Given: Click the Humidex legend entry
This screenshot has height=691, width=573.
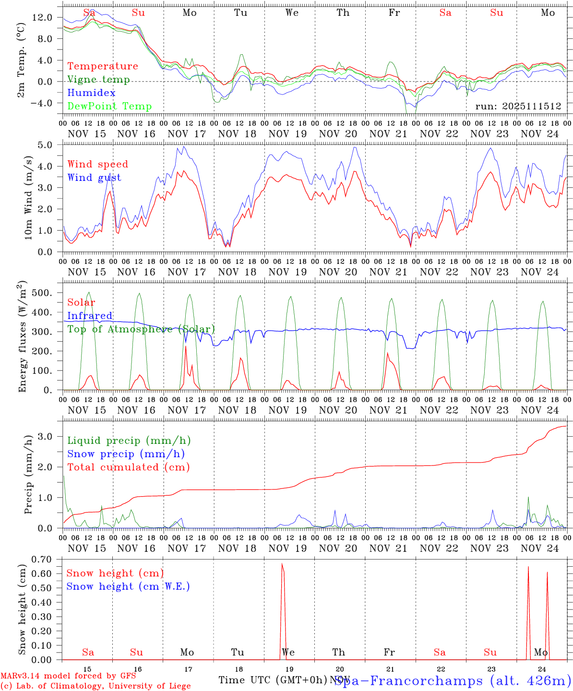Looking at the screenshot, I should pos(92,93).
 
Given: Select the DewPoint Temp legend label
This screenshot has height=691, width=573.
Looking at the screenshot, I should pos(109,107).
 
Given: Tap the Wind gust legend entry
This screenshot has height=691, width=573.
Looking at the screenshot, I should pos(95,178).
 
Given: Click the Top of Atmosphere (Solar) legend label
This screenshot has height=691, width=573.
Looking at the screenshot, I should pos(141,329).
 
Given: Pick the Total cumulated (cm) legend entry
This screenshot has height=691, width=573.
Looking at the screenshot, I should pos(129,467).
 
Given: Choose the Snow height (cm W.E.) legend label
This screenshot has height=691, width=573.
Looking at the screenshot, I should pos(128,586).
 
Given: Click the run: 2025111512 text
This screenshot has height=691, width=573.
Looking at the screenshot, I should pos(518,107).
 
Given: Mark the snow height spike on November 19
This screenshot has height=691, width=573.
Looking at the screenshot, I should pos(282,565).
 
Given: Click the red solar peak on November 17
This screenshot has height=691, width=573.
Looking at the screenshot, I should pos(186,346).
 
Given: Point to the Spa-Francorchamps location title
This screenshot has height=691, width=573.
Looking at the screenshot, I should pos(453,680).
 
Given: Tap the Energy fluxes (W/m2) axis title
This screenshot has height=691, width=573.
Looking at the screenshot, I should pos(22,338).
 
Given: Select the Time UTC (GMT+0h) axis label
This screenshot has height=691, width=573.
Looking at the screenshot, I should pos(273,680).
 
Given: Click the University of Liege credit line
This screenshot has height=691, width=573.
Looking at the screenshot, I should pos(95,686).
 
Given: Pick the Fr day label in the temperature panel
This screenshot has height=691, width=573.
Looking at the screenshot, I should pos(394,13).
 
